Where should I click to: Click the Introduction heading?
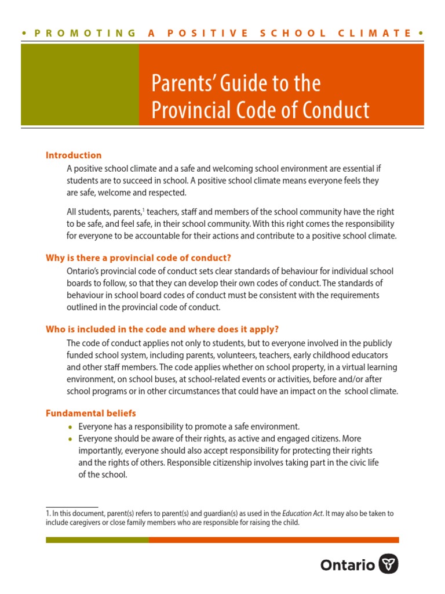pyautogui.click(x=74, y=155)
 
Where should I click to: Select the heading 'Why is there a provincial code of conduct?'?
pyautogui.click(x=143, y=258)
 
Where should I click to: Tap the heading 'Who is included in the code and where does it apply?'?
pyautogui.click(x=158, y=329)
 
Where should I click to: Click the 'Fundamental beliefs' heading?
pyautogui.click(x=91, y=414)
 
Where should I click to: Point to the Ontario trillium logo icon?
pyautogui.click(x=388, y=564)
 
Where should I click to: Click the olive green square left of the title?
pyautogui.click(x=80, y=85)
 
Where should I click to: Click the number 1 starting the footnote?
pyautogui.click(x=48, y=513)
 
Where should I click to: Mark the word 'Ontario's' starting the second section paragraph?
pyautogui.click(x=84, y=271)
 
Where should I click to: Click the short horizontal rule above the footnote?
pyautogui.click(x=72, y=507)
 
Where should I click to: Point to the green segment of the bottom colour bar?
pyautogui.click(x=97, y=540)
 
